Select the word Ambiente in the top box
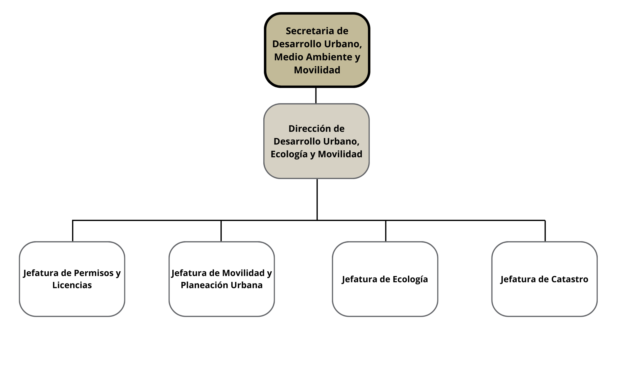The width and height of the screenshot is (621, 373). click(x=331, y=57)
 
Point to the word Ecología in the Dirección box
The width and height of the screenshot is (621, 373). click(x=289, y=154)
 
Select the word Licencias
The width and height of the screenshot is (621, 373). click(x=72, y=285)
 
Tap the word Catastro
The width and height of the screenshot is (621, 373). click(x=570, y=279)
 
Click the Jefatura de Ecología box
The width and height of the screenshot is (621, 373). click(x=385, y=298)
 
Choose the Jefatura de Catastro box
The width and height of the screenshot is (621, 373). click(x=544, y=298)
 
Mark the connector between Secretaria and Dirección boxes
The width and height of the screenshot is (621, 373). click(x=316, y=95)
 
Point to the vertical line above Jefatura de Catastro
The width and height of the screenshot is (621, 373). click(x=545, y=231)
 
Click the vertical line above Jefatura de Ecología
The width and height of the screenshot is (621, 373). click(x=386, y=231)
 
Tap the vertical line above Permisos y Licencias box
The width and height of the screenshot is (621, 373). click(x=73, y=231)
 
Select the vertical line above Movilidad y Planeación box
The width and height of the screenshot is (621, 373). click(x=221, y=231)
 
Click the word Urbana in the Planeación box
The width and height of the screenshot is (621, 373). click(x=249, y=285)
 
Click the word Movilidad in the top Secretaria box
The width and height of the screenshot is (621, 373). click(x=317, y=70)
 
